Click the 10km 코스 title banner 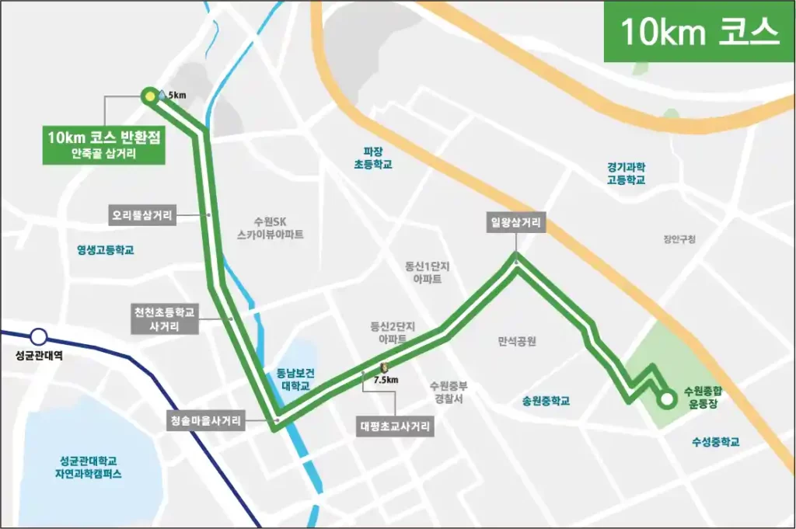click(x=699, y=32)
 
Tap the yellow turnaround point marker click(x=148, y=96)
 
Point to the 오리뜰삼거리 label click(x=143, y=214)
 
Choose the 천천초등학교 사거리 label click(x=164, y=319)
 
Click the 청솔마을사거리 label click(x=206, y=421)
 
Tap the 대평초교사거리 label click(x=395, y=426)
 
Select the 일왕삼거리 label click(x=516, y=224)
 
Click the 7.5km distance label click(x=386, y=381)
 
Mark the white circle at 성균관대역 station click(x=38, y=337)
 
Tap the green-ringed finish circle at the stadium click(x=665, y=400)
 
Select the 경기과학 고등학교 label click(x=626, y=172)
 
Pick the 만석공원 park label click(x=517, y=341)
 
